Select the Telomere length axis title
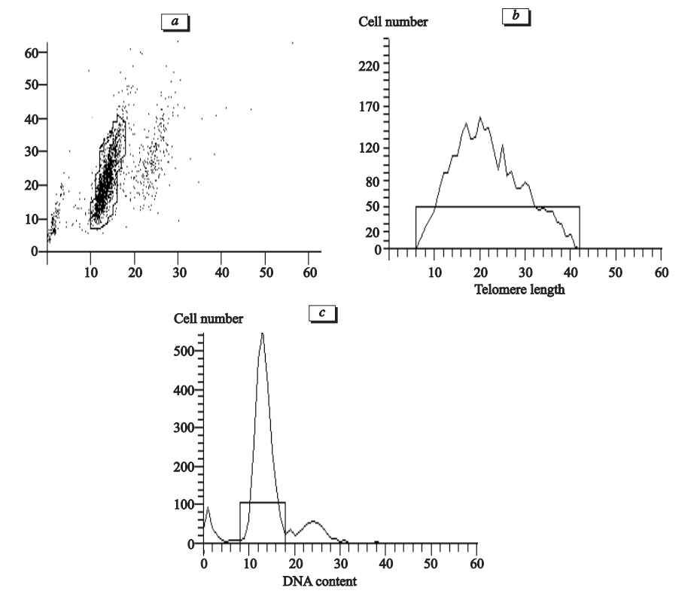pos(520,290)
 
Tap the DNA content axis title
pos(320,581)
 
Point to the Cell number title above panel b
pos(392,23)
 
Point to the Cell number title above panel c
pos(208,319)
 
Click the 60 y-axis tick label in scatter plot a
pos(31,52)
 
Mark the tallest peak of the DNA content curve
pos(262,334)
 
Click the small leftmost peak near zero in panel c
pos(208,508)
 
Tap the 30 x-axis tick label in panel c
pos(340,563)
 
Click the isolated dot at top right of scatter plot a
pos(293,43)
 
